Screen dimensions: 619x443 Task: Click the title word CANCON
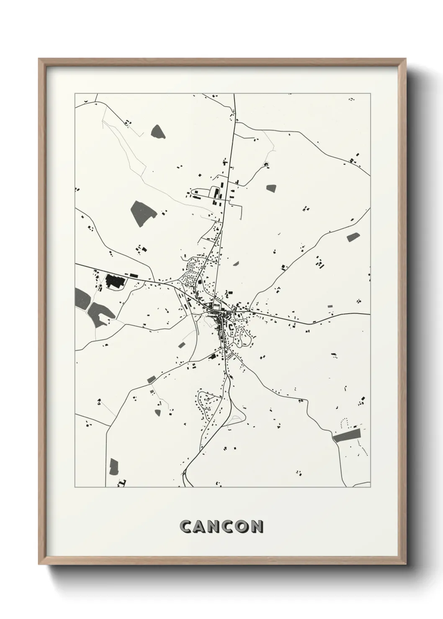(x=221, y=527)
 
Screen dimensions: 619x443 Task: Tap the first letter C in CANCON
(x=185, y=527)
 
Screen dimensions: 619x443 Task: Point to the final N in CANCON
(x=258, y=527)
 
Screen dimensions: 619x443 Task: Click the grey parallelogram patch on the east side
(x=353, y=237)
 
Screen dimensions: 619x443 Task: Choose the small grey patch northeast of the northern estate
(x=271, y=188)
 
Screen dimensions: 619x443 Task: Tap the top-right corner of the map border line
(x=371, y=94)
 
